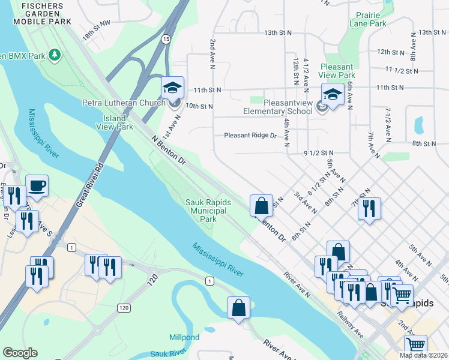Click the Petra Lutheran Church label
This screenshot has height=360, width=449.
(124, 103)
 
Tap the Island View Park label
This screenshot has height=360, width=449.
(115, 122)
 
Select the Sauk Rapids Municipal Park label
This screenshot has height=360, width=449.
(208, 211)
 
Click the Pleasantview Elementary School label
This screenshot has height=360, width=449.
(278, 107)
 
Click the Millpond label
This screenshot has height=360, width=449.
(184, 338)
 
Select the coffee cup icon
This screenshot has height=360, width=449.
(37, 185)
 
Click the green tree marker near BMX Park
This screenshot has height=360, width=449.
(55, 55)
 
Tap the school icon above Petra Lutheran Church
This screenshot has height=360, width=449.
(172, 88)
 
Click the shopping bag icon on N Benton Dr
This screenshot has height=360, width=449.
(262, 206)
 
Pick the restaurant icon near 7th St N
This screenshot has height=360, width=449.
(369, 208)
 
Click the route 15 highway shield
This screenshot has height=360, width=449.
(165, 38)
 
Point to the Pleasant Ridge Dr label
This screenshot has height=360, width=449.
(250, 136)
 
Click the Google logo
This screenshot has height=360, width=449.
(20, 353)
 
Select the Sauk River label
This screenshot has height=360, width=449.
(165, 355)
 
